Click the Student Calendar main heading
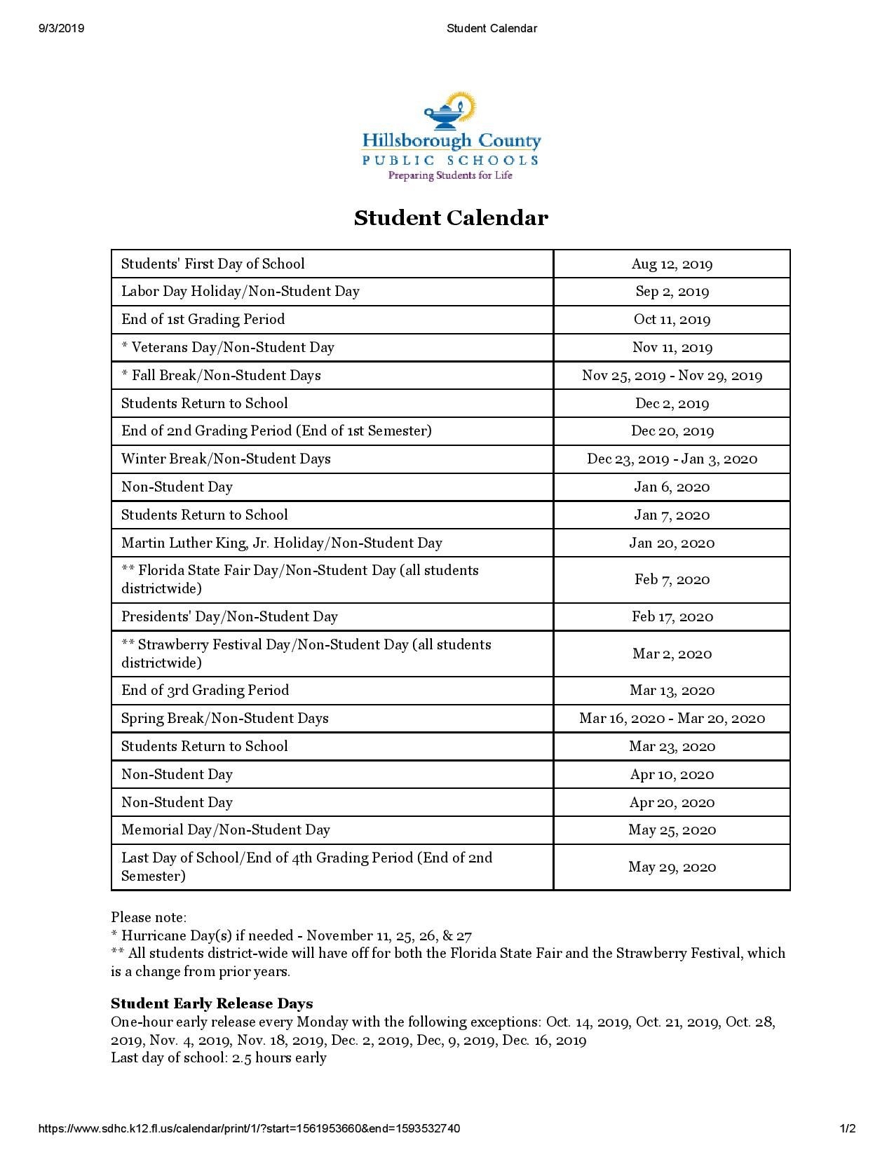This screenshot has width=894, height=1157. pyautogui.click(x=450, y=218)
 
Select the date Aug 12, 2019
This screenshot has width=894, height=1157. pyautogui.click(x=672, y=264)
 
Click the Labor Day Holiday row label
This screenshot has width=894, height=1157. pyautogui.click(x=240, y=292)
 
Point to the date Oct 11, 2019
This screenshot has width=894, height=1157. pyautogui.click(x=672, y=320)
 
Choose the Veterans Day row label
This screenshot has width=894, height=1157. pyautogui.click(x=227, y=348)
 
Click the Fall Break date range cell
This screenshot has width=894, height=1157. pyautogui.click(x=672, y=376)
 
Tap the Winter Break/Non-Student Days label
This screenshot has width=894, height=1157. pyautogui.click(x=226, y=459)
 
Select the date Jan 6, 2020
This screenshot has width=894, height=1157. pyautogui.click(x=672, y=487)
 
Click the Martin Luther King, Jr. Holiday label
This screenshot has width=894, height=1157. pyautogui.click(x=281, y=543)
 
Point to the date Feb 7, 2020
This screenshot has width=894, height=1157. pyautogui.click(x=672, y=580)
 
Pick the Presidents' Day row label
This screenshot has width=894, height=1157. pyautogui.click(x=229, y=617)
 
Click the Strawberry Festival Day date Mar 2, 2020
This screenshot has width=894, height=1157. pyautogui.click(x=672, y=654)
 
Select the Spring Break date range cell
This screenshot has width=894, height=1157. pyautogui.click(x=672, y=719)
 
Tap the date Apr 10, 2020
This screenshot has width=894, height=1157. pyautogui.click(x=672, y=775)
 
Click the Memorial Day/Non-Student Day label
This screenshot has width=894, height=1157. pyautogui.click(x=225, y=830)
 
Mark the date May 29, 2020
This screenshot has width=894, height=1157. pyautogui.click(x=672, y=867)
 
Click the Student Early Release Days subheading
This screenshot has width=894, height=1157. pyautogui.click(x=212, y=1003)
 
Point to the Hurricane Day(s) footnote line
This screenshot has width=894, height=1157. pyautogui.click(x=291, y=935)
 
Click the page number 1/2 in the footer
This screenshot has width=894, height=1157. pyautogui.click(x=848, y=1128)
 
